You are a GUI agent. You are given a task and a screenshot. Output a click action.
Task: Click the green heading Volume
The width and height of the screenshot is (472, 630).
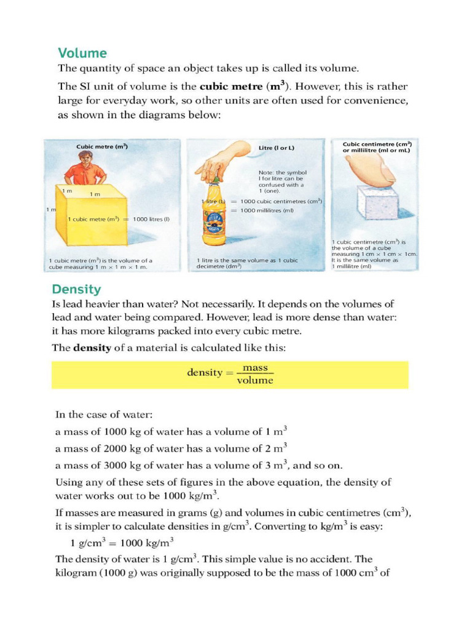[x=82, y=53]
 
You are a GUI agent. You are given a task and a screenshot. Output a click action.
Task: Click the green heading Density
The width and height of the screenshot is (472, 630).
[x=76, y=289]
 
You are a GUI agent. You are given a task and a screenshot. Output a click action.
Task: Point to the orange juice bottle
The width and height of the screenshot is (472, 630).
[x=215, y=212]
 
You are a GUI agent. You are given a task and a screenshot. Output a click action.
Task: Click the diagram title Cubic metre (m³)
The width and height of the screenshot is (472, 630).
[x=102, y=146]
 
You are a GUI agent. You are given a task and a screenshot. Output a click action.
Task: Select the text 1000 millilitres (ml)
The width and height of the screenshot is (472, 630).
[x=267, y=210]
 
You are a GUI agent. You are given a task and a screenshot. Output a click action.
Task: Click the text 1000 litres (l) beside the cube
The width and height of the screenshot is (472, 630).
[x=151, y=219]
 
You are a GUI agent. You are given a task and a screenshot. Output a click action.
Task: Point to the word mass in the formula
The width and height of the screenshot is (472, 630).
[x=255, y=367]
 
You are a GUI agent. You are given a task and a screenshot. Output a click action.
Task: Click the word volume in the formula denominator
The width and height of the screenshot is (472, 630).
[x=255, y=380]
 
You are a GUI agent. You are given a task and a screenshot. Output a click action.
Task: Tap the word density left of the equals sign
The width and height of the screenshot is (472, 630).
[x=204, y=373]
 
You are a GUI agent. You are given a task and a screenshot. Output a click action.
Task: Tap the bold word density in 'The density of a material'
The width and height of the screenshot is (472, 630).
[x=92, y=348]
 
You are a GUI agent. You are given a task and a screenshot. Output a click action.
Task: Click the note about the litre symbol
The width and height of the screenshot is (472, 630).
[x=282, y=181]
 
